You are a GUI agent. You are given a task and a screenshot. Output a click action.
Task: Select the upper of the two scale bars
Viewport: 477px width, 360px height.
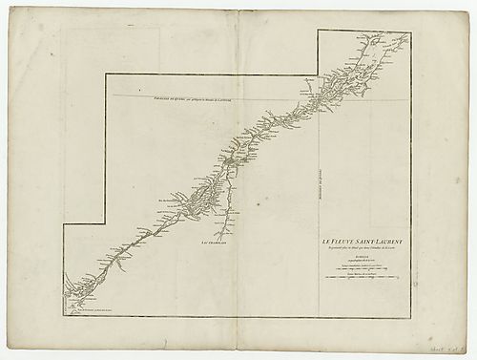click(x=362, y=271)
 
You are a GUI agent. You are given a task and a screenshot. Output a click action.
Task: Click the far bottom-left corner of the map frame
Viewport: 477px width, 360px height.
click(x=65, y=317)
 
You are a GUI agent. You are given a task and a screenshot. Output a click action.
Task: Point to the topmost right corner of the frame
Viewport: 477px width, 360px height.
click(x=410, y=31)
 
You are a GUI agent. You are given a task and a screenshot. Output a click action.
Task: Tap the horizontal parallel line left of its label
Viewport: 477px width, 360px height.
click(x=124, y=96)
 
